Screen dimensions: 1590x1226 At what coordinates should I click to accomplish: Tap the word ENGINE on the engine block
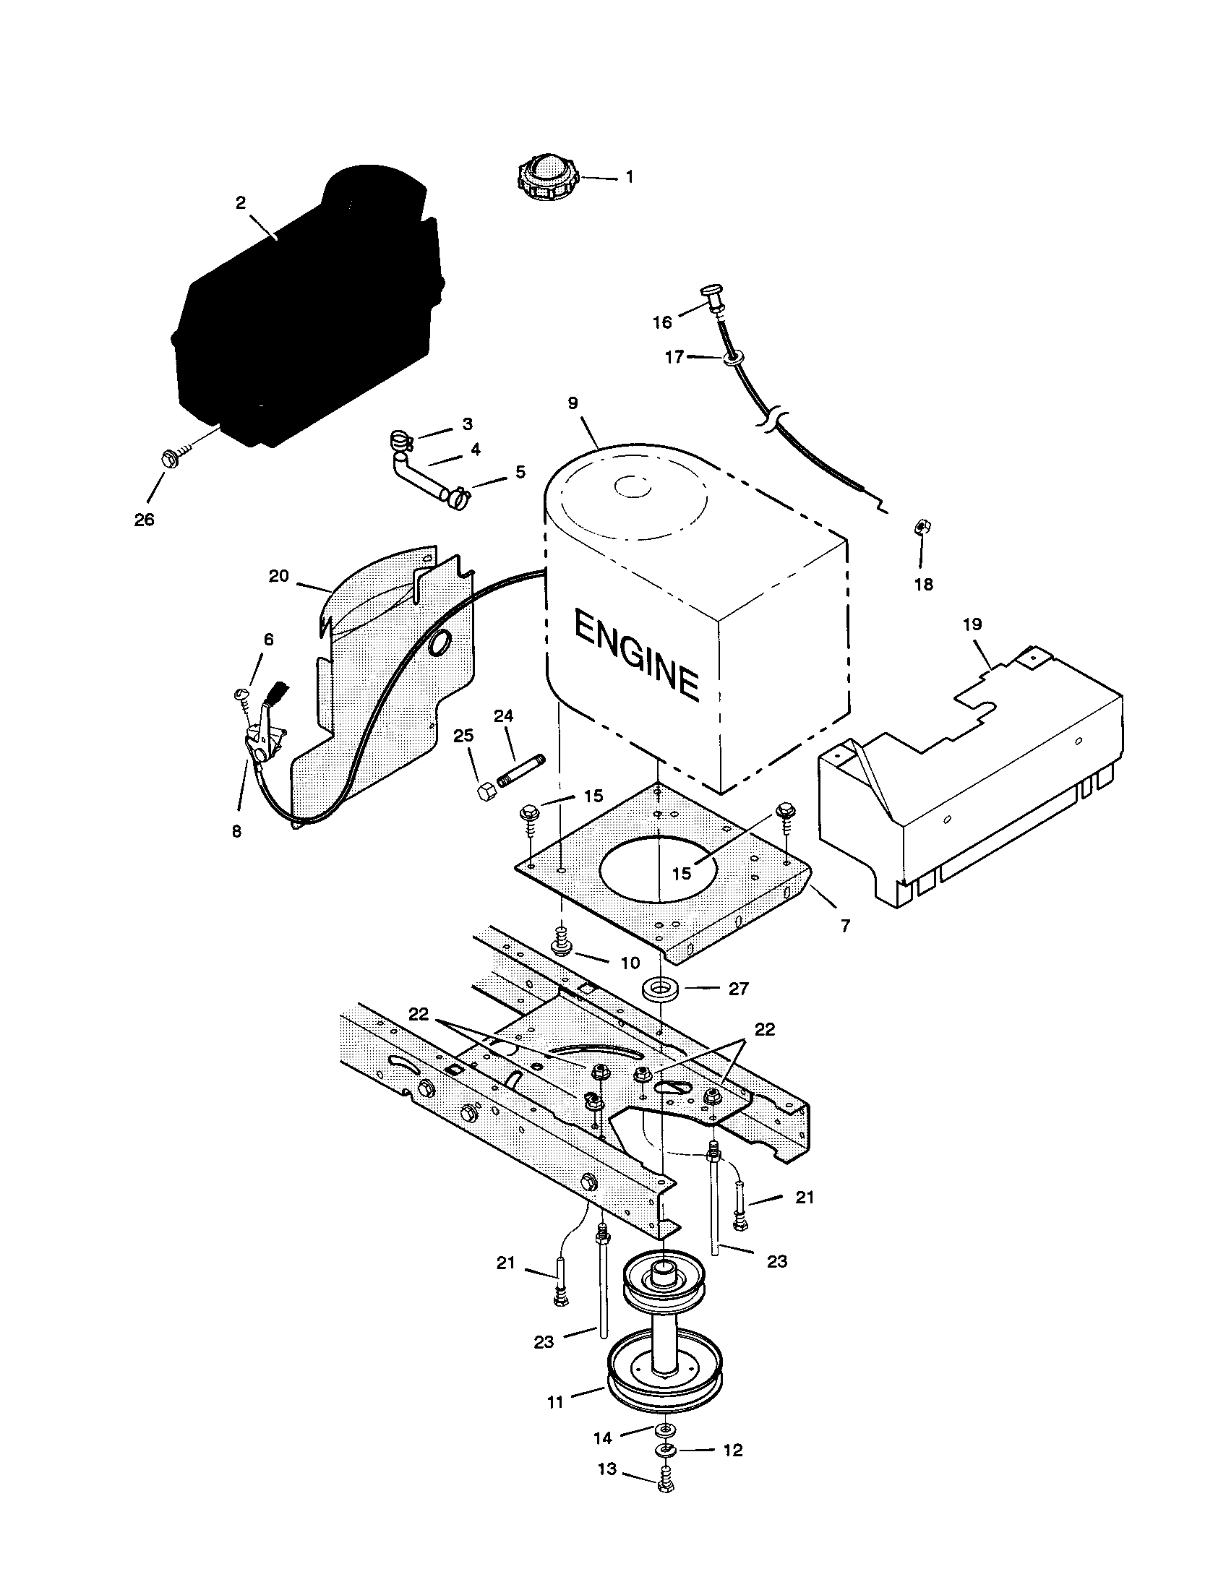[635, 656]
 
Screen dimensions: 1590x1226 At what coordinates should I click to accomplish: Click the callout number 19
[972, 624]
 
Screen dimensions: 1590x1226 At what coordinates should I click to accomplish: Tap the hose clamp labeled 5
[457, 498]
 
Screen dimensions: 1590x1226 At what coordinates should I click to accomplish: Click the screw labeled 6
[242, 697]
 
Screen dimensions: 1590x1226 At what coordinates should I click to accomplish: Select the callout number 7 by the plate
[844, 927]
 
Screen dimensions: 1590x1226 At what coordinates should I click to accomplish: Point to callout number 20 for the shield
[279, 576]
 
